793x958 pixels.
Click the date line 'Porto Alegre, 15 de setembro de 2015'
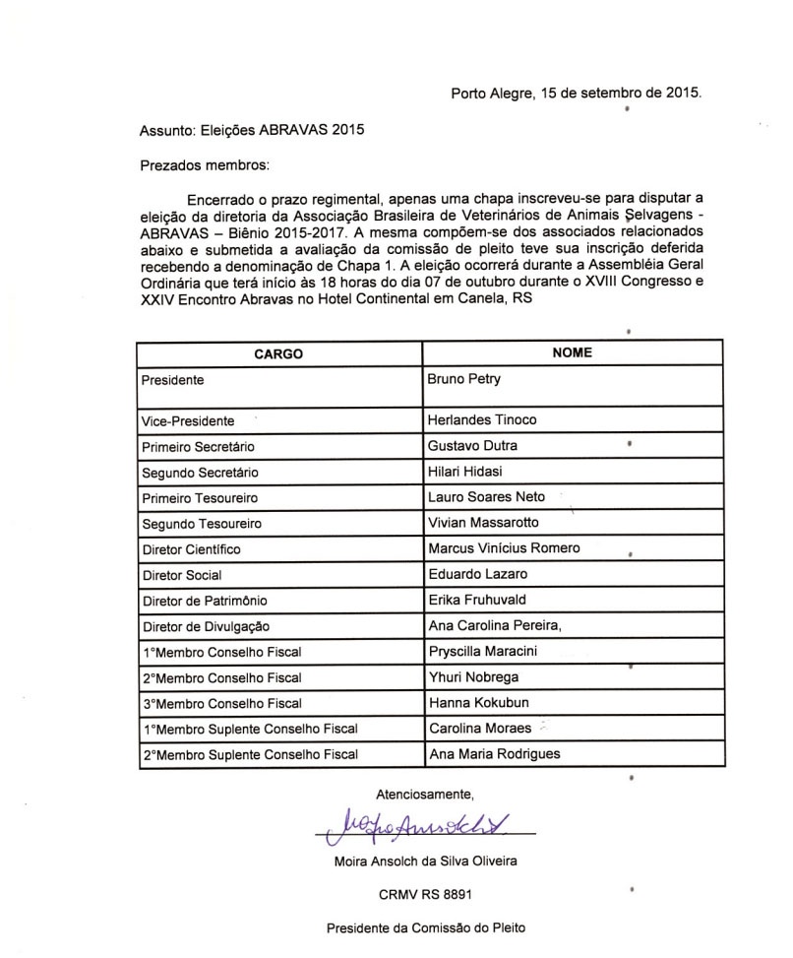pos(577,94)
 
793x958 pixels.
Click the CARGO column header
pos(278,352)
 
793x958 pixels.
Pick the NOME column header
pos(572,352)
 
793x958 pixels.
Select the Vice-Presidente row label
pos(188,420)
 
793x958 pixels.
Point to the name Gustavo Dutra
pos(472,446)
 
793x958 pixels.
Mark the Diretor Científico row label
pos(192,548)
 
